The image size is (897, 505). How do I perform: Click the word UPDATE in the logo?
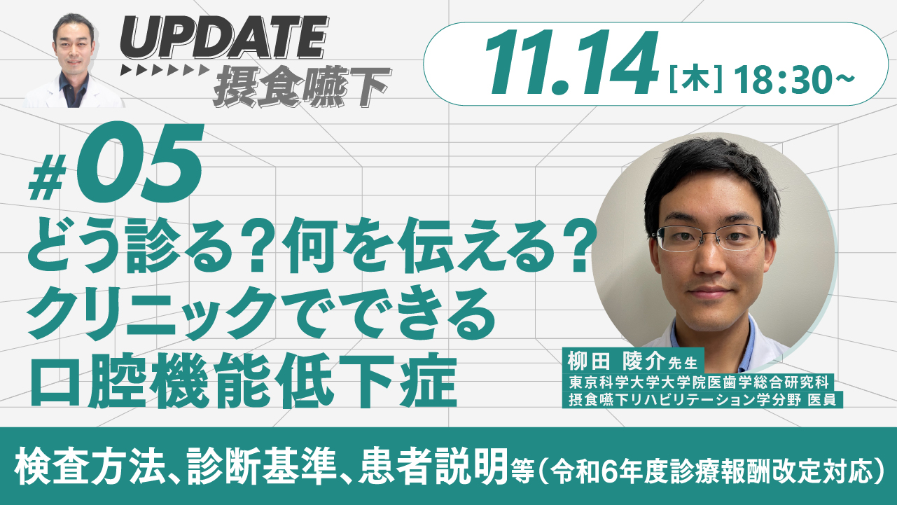coord(224,39)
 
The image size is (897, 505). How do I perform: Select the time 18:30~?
coord(795,80)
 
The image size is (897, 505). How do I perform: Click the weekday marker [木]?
coord(695,81)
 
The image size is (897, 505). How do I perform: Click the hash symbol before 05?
coord(48,182)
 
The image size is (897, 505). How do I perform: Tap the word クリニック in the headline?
coord(152,313)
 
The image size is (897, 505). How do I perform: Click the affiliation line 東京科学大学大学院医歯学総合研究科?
coord(698,382)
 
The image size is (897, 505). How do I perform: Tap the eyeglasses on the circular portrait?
coord(709,238)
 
